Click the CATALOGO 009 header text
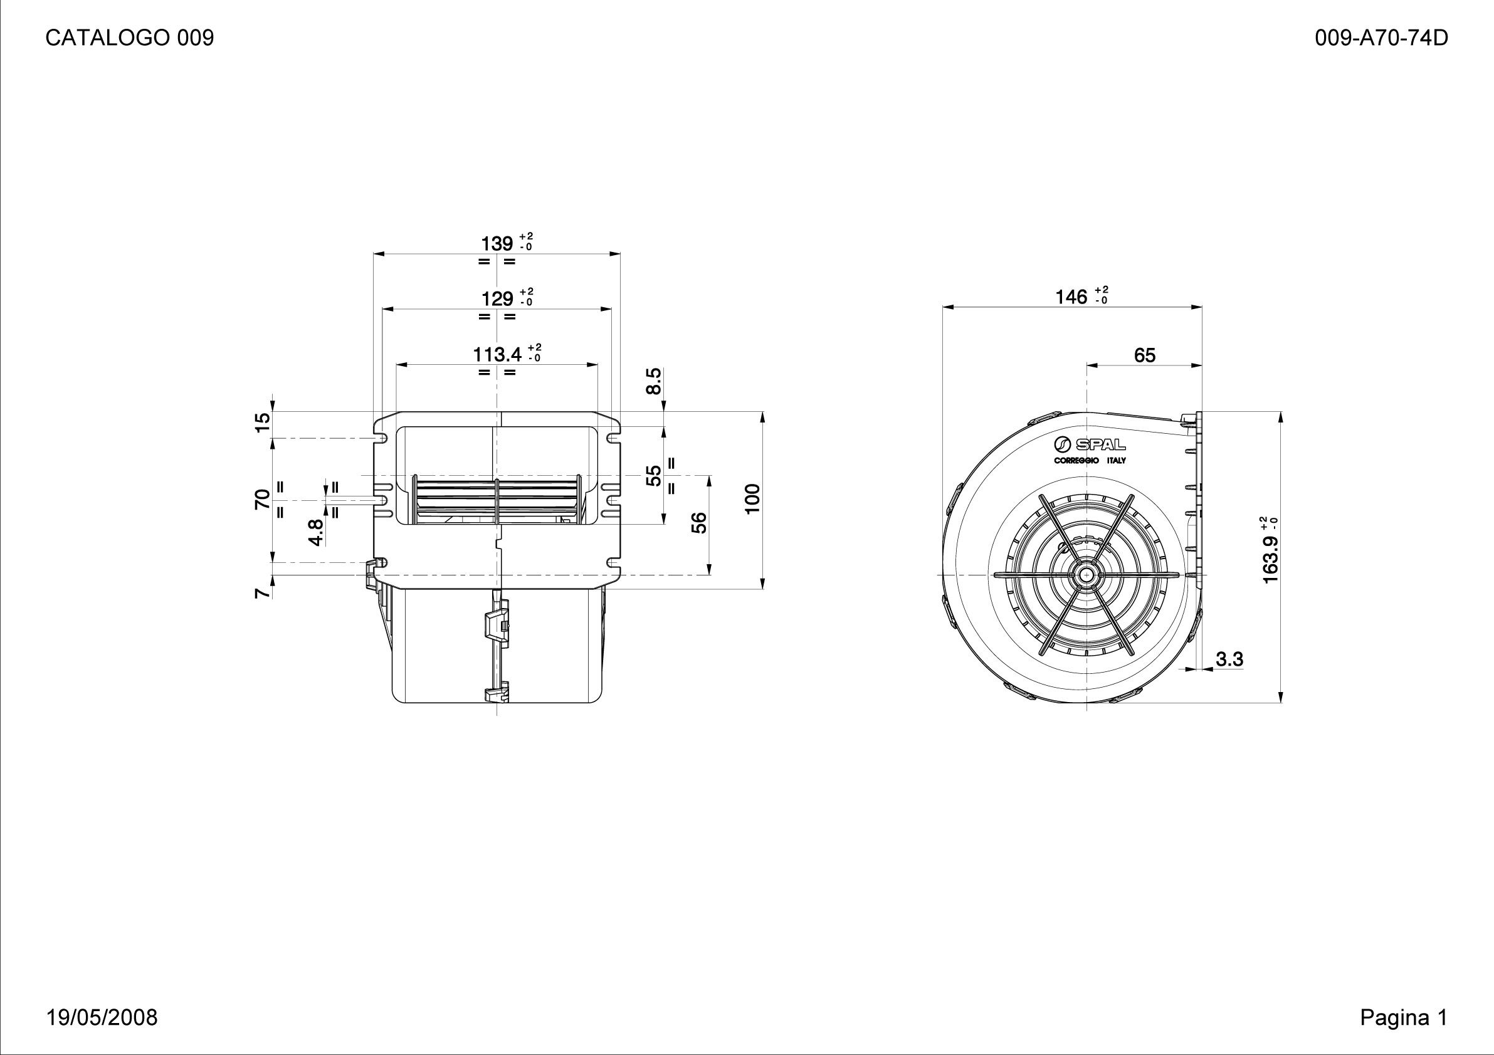[x=130, y=38]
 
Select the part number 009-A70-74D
[x=1381, y=38]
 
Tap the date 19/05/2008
[x=102, y=1017]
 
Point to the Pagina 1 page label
[x=1404, y=1017]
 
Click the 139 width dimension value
[x=497, y=244]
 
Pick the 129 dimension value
[x=497, y=299]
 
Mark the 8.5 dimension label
[x=653, y=381]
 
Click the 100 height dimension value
[x=752, y=499]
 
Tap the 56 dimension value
[x=699, y=523]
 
